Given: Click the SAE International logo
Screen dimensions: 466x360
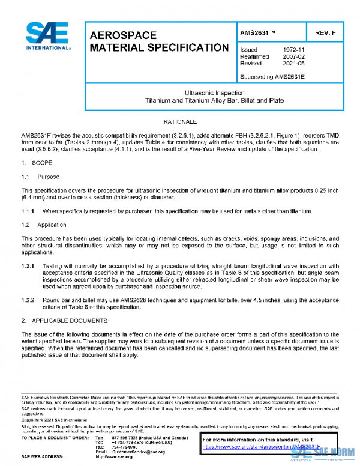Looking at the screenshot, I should [x=47, y=36].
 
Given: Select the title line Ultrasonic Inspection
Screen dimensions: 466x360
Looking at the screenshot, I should [x=214, y=93].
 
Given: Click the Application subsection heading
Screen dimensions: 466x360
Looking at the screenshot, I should [x=52, y=225].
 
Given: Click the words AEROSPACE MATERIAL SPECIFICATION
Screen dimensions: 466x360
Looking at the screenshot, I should [x=158, y=41].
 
